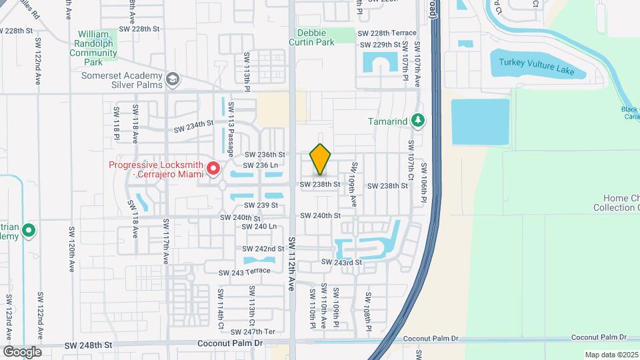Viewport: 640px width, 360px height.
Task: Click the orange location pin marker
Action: click(x=321, y=159)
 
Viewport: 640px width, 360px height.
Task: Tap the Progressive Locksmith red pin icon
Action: click(x=213, y=169)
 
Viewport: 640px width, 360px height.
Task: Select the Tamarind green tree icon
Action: click(x=418, y=121)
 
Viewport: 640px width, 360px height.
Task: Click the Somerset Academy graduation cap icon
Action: click(x=173, y=80)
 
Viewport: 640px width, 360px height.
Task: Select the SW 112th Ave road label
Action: click(x=291, y=263)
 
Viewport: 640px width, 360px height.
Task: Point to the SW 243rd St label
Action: click(x=341, y=263)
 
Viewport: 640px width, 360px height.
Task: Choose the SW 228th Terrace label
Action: click(x=387, y=33)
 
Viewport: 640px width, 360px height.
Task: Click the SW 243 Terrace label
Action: click(x=245, y=271)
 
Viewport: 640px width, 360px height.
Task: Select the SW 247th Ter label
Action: click(x=259, y=331)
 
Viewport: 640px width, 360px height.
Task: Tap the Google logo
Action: click(x=22, y=352)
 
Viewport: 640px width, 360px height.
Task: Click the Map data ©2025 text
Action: click(x=611, y=355)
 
